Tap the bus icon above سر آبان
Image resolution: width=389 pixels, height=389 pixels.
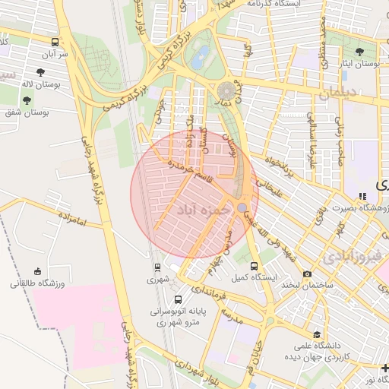(x=55, y=43)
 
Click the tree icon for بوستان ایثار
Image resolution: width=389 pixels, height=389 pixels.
(x=359, y=52)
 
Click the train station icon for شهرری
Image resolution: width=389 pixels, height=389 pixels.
(x=157, y=267)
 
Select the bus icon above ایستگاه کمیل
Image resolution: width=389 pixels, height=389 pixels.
(x=254, y=267)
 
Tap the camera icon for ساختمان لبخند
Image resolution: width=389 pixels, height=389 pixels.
(x=307, y=274)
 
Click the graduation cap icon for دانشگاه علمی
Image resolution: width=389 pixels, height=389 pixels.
(x=317, y=334)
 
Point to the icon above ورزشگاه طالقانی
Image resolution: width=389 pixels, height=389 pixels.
(x=37, y=271)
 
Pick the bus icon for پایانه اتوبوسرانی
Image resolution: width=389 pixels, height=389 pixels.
(x=179, y=299)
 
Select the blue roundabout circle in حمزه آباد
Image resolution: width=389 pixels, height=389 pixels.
(x=242, y=207)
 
